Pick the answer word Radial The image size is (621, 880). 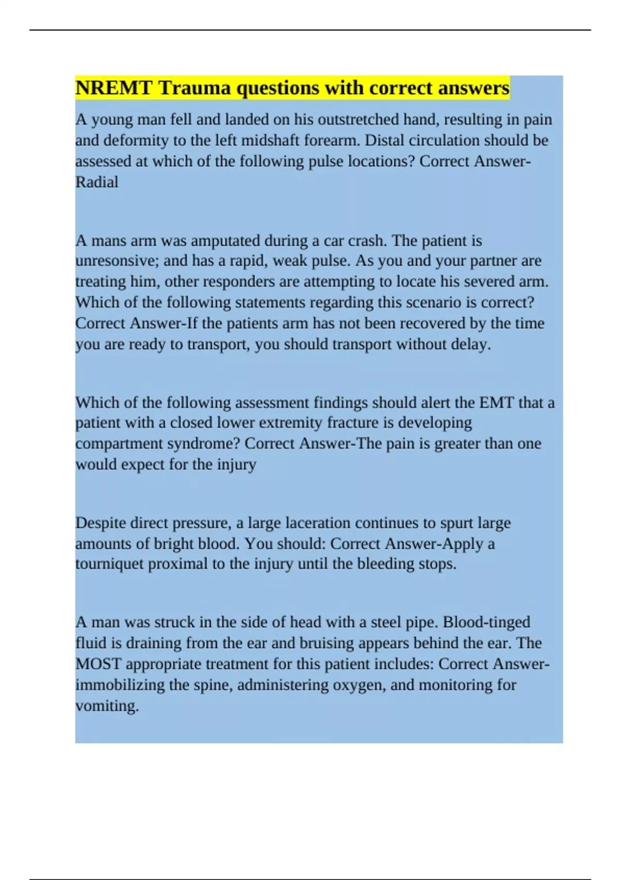click(x=97, y=182)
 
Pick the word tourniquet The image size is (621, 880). click(x=110, y=564)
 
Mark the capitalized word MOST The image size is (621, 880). click(x=98, y=664)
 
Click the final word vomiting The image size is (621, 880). click(x=107, y=706)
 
